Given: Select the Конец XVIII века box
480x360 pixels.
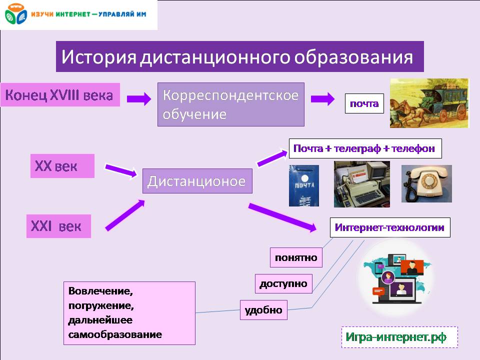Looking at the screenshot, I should pyautogui.click(x=60, y=94).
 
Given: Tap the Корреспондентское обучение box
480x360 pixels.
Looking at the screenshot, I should pyautogui.click(x=230, y=104).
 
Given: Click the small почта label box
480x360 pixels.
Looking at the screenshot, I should pyautogui.click(x=364, y=104).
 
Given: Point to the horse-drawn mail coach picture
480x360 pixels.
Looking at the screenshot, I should pyautogui.click(x=429, y=103).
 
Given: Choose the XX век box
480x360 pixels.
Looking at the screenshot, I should pyautogui.click(x=62, y=166).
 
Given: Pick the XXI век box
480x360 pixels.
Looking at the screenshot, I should pyautogui.click(x=58, y=226).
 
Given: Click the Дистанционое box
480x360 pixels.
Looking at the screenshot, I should pyautogui.click(x=197, y=181).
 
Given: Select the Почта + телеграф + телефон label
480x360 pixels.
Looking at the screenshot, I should pyautogui.click(x=365, y=148).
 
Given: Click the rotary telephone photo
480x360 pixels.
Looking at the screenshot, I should pyautogui.click(x=426, y=183).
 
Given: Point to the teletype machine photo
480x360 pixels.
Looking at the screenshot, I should pyautogui.click(x=361, y=183).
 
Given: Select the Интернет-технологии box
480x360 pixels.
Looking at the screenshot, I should pyautogui.click(x=389, y=227).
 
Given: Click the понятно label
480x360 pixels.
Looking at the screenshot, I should pyautogui.click(x=296, y=257).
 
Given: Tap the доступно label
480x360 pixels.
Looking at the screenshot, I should pyautogui.click(x=283, y=283).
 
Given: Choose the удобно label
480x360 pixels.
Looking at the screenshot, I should pyautogui.click(x=263, y=310).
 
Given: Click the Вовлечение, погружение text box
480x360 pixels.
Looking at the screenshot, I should pyautogui.click(x=129, y=313).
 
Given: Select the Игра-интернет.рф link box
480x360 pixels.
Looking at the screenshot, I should pyautogui.click(x=399, y=337).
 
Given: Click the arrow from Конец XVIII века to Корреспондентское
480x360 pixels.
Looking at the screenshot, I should pyautogui.click(x=138, y=99).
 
